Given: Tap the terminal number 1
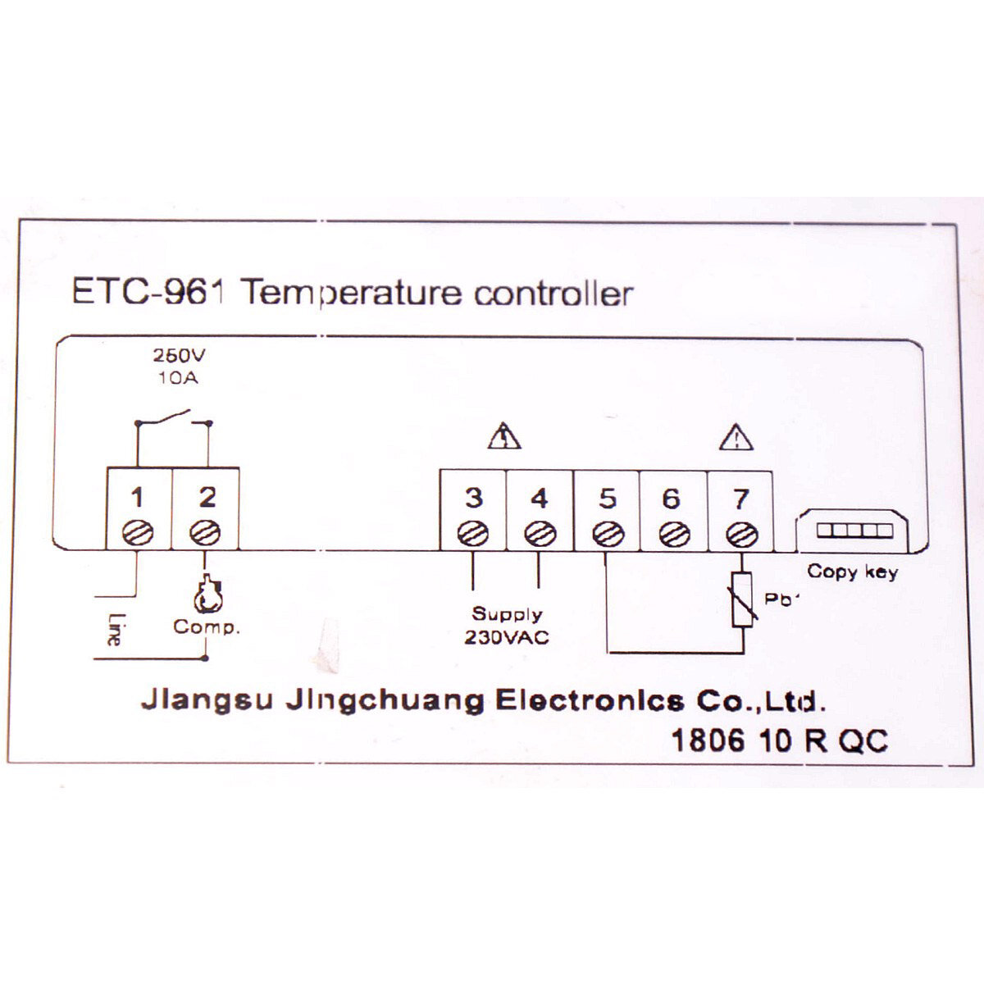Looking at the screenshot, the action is pos(137,497).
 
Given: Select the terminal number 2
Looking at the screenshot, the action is pos(207,497).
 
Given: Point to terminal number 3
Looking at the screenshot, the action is pos(473,498).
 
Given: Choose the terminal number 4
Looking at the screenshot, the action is pos(539,498).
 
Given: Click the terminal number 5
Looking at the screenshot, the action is pos(607,498).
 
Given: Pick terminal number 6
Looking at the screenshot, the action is pos(671,498).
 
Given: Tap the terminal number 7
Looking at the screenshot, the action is pos(740,498).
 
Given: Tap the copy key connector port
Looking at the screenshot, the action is pos(853,531).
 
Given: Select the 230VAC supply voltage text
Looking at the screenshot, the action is pos(507,636).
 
